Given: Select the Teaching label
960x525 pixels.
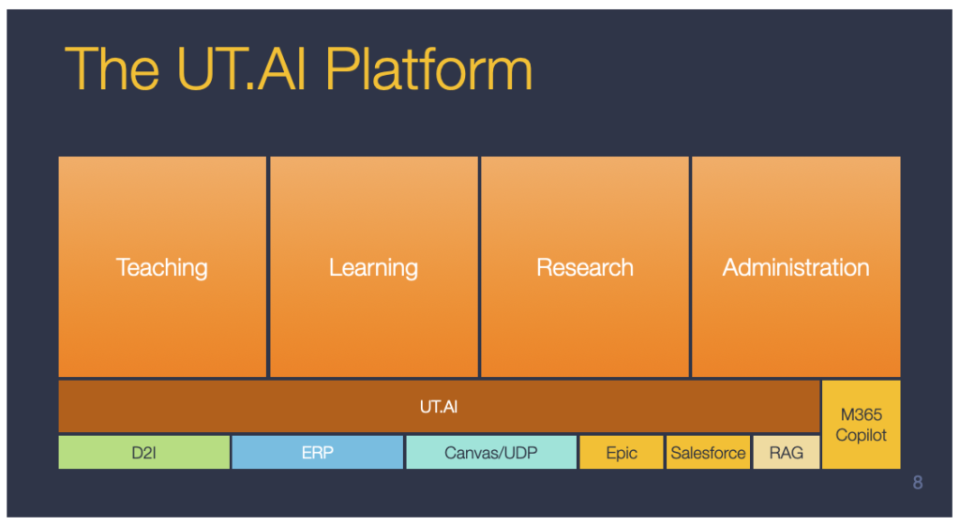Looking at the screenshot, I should (x=161, y=267).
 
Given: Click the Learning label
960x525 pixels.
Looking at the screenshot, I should (x=373, y=267).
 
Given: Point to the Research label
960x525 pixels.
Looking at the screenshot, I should (x=585, y=267).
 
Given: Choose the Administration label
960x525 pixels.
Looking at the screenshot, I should (x=795, y=267).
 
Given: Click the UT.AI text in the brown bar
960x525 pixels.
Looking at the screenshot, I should (x=439, y=407).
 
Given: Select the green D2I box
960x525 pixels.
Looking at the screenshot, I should (x=143, y=453).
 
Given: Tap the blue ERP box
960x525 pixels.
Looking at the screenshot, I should (x=317, y=453).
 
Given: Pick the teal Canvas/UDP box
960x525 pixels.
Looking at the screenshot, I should (x=491, y=453).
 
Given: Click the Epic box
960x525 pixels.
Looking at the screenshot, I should (x=622, y=453).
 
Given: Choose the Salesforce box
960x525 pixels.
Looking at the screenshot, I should (x=708, y=453).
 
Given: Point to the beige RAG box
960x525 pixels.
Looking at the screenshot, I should (x=786, y=453).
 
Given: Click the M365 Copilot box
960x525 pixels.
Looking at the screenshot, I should (x=861, y=425).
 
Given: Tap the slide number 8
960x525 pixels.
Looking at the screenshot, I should (x=917, y=483).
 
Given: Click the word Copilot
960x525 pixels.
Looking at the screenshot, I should (x=861, y=436).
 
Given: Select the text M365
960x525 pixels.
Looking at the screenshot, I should (x=861, y=415).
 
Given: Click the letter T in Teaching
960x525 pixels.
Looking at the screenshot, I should (x=122, y=267).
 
